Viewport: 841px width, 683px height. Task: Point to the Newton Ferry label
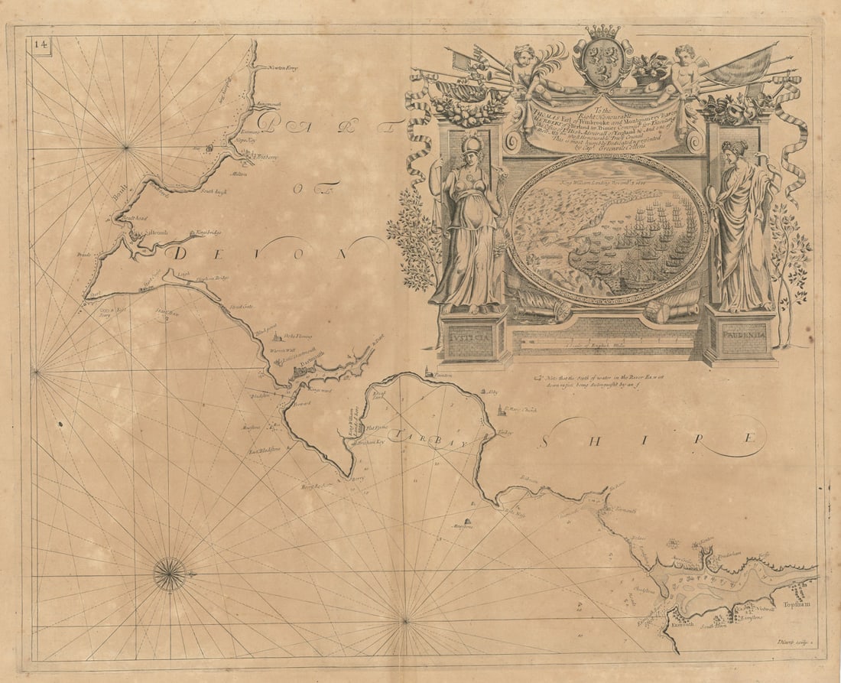coord(282,68)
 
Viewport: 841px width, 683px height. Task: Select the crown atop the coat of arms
coord(603,32)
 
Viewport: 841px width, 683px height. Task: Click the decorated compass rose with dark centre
coord(170,574)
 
